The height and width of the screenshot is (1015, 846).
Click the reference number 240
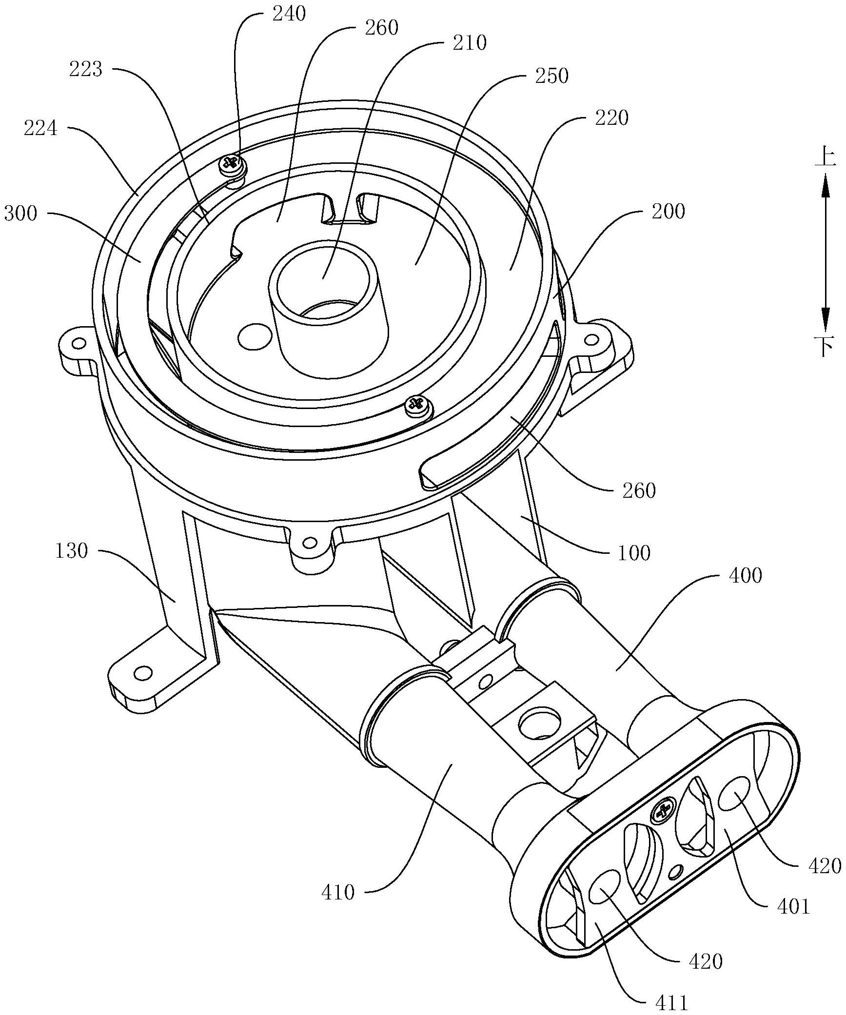tap(289, 13)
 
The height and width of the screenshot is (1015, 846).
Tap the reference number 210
tap(470, 43)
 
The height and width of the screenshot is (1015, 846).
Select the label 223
tap(86, 69)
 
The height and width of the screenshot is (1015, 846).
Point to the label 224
tap(40, 129)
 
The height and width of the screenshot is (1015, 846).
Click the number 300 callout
tap(21, 213)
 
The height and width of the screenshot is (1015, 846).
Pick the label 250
tap(552, 76)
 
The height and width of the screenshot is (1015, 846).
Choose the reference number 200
tap(668, 211)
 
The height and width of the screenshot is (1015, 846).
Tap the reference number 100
tap(633, 553)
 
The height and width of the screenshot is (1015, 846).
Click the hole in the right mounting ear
tap(591, 339)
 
